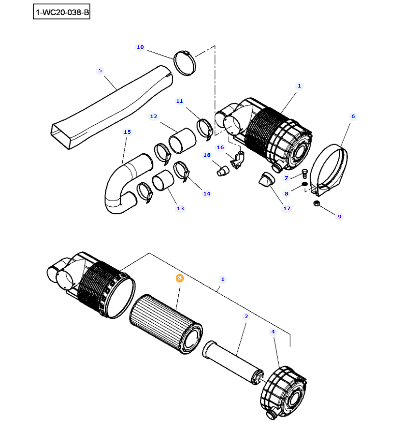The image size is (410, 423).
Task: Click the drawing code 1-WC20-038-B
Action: click(x=61, y=12)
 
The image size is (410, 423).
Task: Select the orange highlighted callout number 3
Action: click(x=179, y=278)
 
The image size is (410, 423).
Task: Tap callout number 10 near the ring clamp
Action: click(x=140, y=47)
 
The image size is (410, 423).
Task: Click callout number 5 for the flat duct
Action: click(x=100, y=70)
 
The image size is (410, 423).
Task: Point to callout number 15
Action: click(x=127, y=132)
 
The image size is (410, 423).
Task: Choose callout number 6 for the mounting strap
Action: click(x=352, y=117)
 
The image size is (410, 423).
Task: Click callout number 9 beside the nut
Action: click(x=340, y=217)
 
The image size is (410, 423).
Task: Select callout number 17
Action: click(x=287, y=208)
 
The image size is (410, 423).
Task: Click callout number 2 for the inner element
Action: click(x=246, y=317)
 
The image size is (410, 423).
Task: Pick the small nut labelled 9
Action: click(x=316, y=204)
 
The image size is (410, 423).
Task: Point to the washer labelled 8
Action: click(x=304, y=184)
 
